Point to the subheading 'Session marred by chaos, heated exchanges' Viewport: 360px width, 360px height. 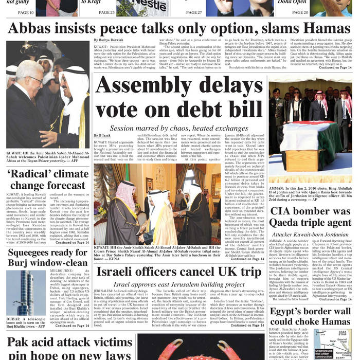coord(179,128)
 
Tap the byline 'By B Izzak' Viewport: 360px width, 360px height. coord(102,135)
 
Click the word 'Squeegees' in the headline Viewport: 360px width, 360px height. coord(30,253)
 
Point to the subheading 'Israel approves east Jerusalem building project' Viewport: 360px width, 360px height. coord(179,284)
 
